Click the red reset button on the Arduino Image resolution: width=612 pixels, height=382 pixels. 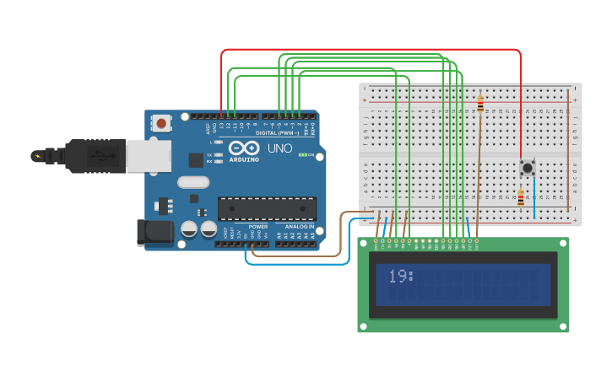[161, 123]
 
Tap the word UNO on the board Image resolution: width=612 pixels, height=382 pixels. [279, 148]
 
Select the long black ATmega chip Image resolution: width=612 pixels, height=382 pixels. [267, 208]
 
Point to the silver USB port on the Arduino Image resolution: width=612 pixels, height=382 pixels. [149, 156]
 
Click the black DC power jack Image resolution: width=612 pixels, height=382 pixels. [154, 233]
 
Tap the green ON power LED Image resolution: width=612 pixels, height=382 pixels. [302, 155]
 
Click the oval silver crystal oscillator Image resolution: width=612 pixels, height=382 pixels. [193, 181]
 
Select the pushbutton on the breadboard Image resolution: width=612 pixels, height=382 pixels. [528, 168]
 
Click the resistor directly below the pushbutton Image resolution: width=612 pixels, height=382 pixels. [521, 199]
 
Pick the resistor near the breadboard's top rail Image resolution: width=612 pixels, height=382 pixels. [480, 105]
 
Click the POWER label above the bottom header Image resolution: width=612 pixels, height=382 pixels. [258, 227]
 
